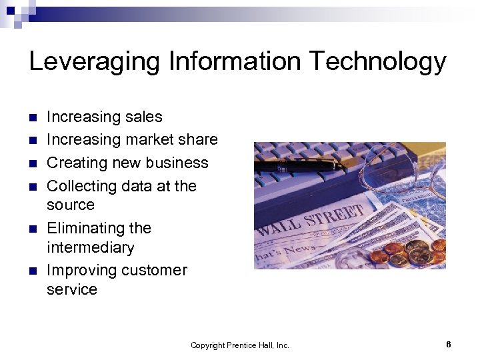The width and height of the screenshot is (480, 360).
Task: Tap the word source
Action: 71,205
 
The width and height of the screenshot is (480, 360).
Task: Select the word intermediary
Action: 91,248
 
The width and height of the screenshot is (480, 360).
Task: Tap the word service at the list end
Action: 72,290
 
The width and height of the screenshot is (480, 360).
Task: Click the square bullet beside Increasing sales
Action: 33,118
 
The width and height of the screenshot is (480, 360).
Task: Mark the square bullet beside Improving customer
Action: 33,271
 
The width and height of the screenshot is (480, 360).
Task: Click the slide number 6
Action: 449,345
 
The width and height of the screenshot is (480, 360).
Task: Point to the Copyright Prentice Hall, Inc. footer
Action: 240,345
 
